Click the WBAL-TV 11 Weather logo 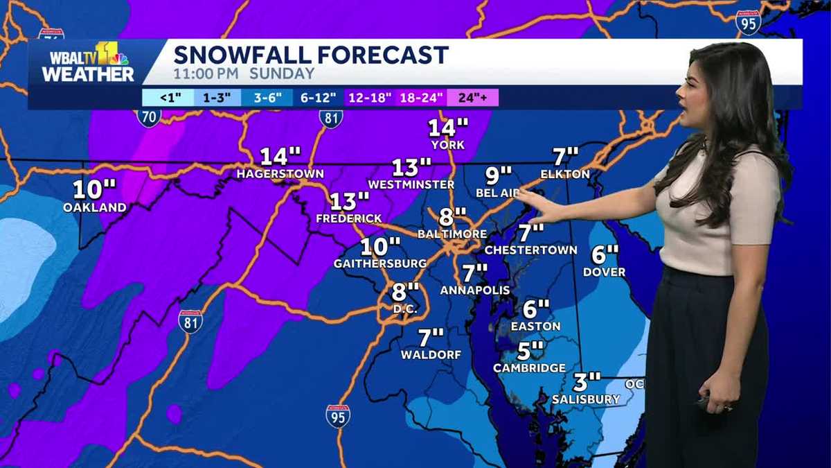click(88, 63)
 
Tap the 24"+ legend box click(472, 98)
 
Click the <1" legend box click(167, 98)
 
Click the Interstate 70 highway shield click(148, 116)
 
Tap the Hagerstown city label click(280, 174)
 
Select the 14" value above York click(448, 128)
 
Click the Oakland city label click(95, 207)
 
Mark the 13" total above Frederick click(349, 202)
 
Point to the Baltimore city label click(452, 234)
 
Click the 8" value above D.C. click(405, 291)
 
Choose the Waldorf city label click(431, 355)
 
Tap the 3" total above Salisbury click(587, 382)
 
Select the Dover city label click(604, 272)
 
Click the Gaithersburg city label click(380, 263)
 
